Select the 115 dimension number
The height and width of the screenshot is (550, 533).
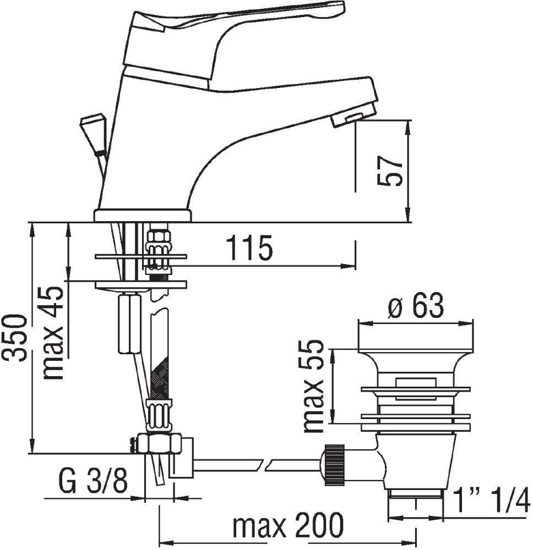pyautogui.click(x=249, y=248)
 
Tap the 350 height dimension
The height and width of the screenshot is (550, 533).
pyautogui.click(x=15, y=338)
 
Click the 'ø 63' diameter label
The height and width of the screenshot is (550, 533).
pyautogui.click(x=415, y=305)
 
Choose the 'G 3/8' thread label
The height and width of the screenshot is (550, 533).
pyautogui.click(x=93, y=482)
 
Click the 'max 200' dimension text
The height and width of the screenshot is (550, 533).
pyautogui.click(x=287, y=525)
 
